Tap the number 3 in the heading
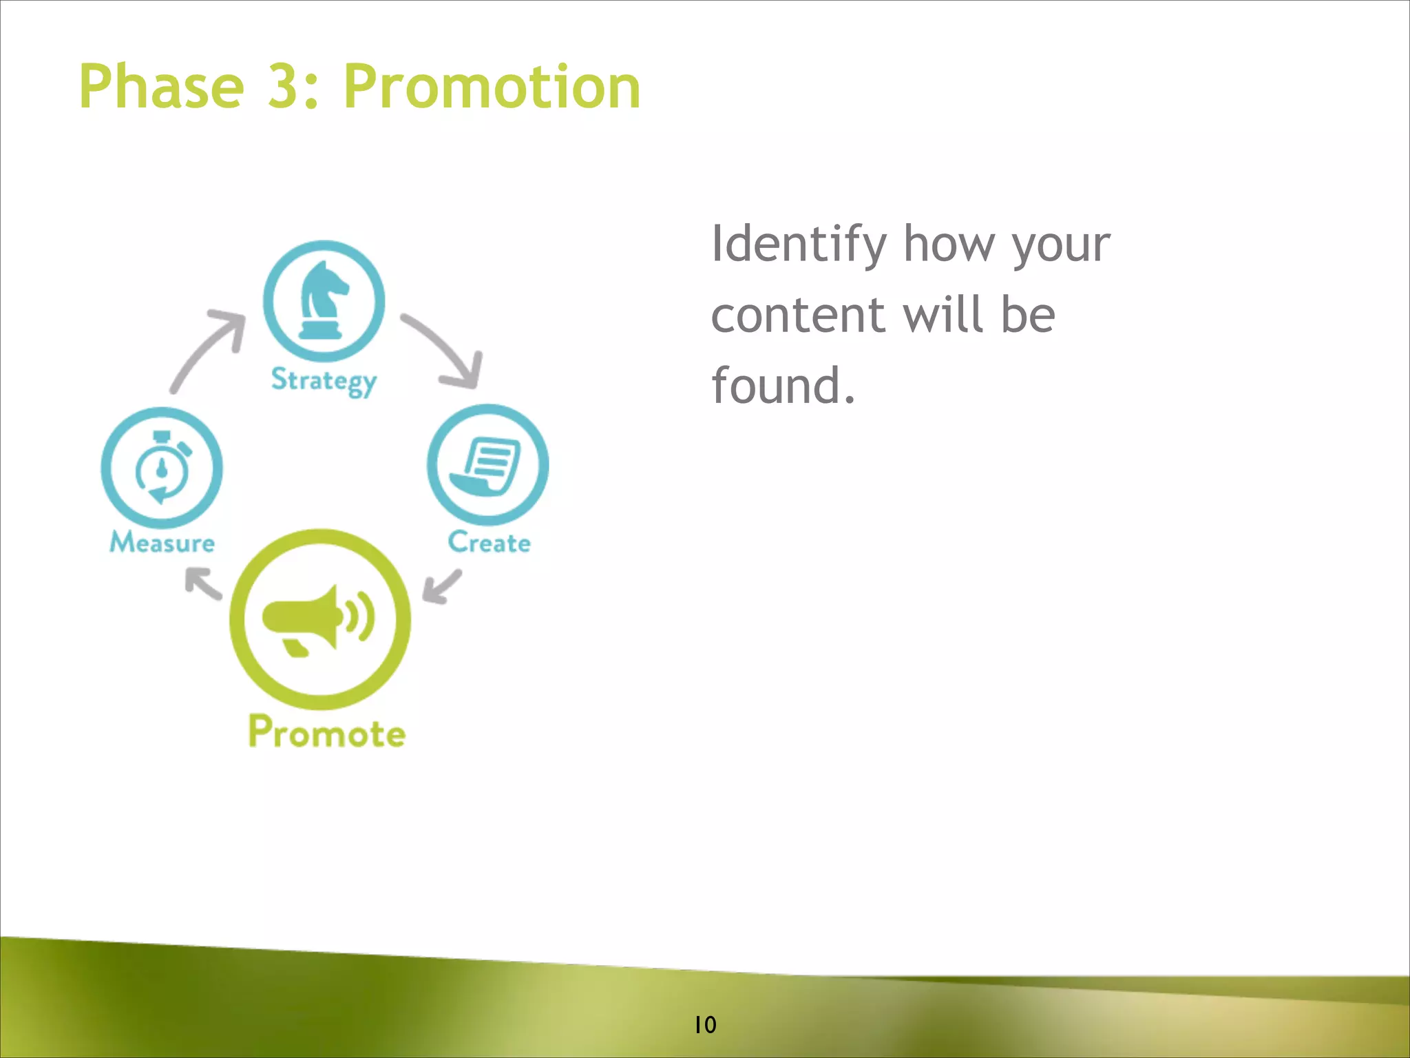(284, 87)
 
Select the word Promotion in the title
(492, 87)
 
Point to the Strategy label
(324, 380)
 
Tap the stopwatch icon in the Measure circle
(162, 468)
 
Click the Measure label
(162, 543)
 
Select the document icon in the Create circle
(487, 466)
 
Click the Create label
(489, 543)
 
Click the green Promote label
(326, 732)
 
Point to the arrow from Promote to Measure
(203, 583)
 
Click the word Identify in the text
(799, 245)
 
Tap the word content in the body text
(797, 315)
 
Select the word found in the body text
(775, 386)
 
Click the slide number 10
(705, 1025)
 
